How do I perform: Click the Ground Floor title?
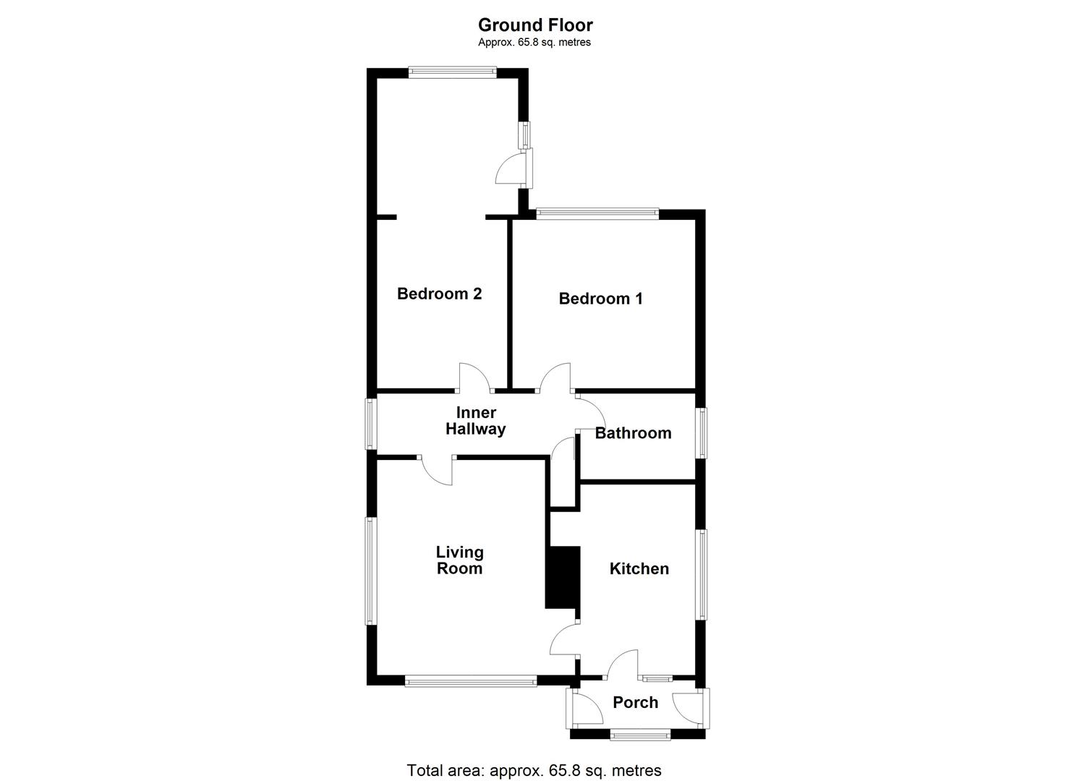tap(535, 25)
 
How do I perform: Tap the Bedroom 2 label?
tap(439, 294)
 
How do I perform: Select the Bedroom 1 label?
tap(600, 299)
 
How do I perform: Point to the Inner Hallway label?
tap(475, 421)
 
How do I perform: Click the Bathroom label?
tap(633, 433)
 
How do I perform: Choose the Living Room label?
tap(459, 560)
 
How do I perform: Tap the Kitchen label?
tap(639, 568)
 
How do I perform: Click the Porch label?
tap(635, 702)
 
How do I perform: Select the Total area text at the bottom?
tap(534, 770)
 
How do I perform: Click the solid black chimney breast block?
tap(563, 577)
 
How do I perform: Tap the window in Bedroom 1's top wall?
tap(597, 213)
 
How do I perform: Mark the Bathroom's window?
tap(701, 432)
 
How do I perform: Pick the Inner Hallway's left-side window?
tap(371, 424)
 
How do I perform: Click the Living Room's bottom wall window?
tap(470, 680)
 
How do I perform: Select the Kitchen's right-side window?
tap(701, 574)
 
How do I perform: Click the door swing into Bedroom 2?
tap(474, 377)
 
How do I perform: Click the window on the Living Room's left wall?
tap(371, 571)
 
